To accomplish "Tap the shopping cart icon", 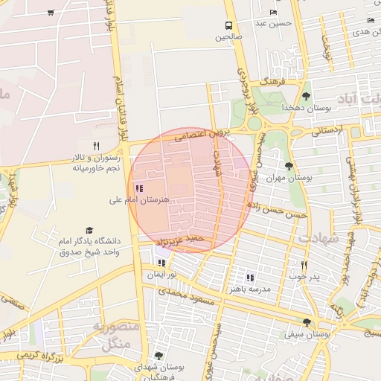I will [x=50, y=12].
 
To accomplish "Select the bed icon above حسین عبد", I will [x=273, y=13].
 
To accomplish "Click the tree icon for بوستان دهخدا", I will [x=306, y=96].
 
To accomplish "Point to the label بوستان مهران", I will [x=287, y=179].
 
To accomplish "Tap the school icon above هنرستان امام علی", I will [x=139, y=188].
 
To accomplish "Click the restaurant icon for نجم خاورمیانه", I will [x=95, y=146].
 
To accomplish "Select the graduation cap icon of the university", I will [x=89, y=231].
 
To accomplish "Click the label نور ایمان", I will [x=161, y=275].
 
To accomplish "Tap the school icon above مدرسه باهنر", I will [x=250, y=277].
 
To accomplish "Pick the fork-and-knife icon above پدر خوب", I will [x=303, y=265].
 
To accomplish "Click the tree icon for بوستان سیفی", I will [x=307, y=322].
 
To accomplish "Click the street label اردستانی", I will [x=326, y=131].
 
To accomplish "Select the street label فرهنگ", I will [x=268, y=82].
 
